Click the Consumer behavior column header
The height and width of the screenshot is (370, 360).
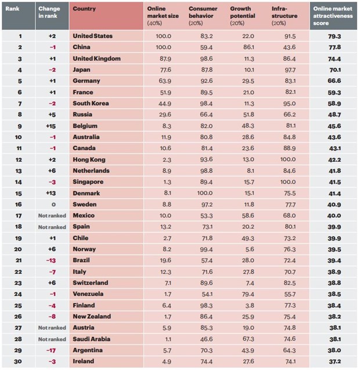[x=204, y=12]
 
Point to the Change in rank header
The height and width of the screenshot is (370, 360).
[x=49, y=12]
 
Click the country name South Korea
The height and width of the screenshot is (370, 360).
[x=91, y=103]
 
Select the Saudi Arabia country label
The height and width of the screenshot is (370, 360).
[x=92, y=339]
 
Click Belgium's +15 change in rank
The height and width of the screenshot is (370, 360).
[x=51, y=125]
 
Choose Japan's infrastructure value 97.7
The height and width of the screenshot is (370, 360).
[x=288, y=70]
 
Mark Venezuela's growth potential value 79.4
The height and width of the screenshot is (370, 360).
[x=248, y=294]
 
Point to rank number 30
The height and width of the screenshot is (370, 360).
[x=20, y=361]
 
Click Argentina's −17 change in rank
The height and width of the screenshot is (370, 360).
[x=51, y=350]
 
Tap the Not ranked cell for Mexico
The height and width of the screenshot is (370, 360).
[x=51, y=215]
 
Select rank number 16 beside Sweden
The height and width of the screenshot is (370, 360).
[x=20, y=204]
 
